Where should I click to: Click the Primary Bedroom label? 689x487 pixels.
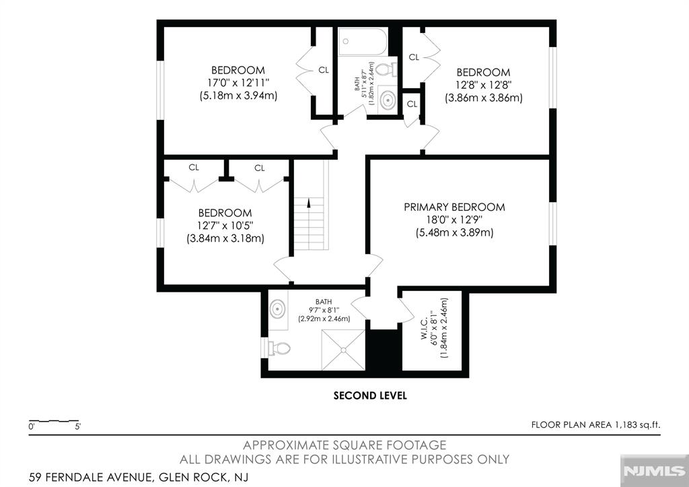(454, 207)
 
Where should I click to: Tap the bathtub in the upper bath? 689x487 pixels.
(363, 42)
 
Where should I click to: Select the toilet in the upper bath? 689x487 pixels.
(387, 69)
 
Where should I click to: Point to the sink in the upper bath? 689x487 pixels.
(387, 100)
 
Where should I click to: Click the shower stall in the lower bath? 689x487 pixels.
(343, 350)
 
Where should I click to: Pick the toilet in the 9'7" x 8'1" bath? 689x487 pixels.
(279, 348)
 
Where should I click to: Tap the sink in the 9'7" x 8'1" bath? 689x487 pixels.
(278, 309)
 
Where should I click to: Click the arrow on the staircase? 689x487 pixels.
(308, 203)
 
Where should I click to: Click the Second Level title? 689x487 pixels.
(370, 395)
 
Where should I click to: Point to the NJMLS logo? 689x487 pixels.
(654, 471)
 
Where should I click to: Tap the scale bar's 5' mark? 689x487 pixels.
(78, 426)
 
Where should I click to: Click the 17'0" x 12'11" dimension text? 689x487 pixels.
(238, 83)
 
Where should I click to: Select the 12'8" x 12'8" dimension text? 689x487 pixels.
(483, 85)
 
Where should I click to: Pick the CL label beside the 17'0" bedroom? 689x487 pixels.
(324, 70)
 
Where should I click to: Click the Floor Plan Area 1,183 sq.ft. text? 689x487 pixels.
(596, 425)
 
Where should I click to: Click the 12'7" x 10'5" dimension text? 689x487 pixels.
(225, 226)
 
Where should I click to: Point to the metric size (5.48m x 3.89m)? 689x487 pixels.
(454, 232)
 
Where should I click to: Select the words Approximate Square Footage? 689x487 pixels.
(344, 445)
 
